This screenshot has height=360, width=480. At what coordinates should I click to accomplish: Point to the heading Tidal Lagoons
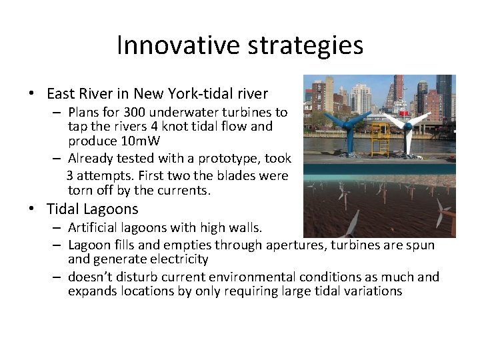point(92,209)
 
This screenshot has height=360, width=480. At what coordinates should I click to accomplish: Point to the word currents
point(187,190)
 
